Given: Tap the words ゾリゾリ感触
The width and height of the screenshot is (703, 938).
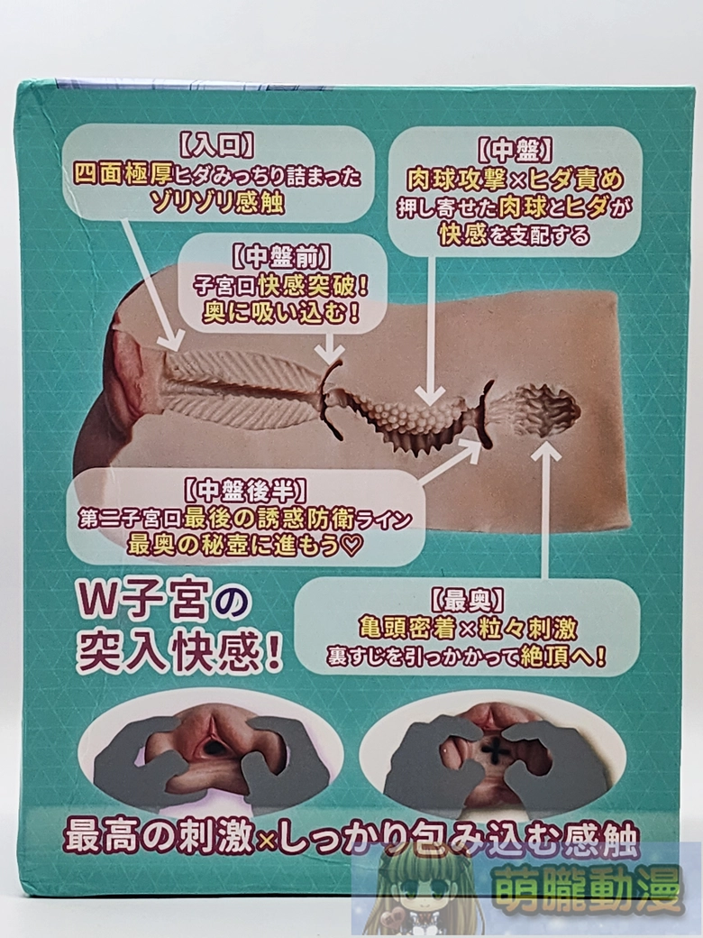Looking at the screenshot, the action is (x=217, y=203).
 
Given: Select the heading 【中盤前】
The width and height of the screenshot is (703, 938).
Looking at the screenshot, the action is (x=280, y=258).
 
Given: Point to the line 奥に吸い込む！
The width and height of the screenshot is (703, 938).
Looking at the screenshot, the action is (x=280, y=312).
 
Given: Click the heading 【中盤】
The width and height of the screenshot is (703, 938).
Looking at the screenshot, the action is (x=515, y=152).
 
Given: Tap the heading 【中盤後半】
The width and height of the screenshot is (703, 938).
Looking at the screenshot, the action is (x=246, y=492).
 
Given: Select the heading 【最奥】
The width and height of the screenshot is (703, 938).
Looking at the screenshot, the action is (x=467, y=600).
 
